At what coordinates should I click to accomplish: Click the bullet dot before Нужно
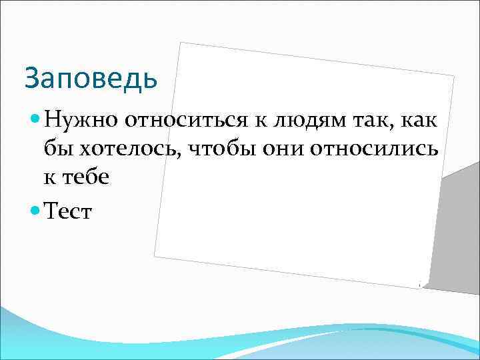(x=36, y=120)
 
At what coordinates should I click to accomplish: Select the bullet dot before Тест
(x=36, y=211)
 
